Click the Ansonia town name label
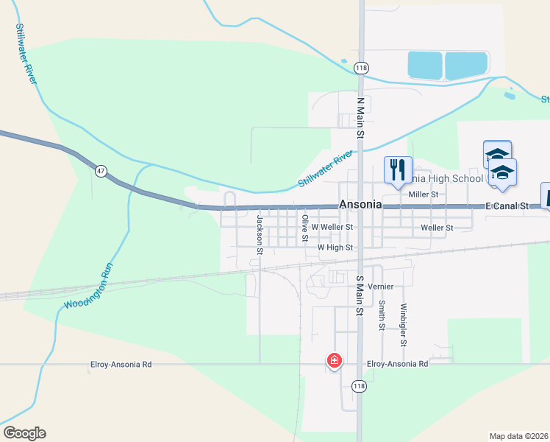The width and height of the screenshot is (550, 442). [360, 205]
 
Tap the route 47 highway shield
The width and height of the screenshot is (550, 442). [101, 171]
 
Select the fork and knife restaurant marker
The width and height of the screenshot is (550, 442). [398, 169]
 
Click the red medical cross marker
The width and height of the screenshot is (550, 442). [334, 361]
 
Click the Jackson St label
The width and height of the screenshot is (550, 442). [260, 235]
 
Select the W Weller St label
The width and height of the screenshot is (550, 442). [332, 228]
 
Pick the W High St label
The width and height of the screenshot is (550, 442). [335, 248]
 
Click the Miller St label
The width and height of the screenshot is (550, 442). [424, 194]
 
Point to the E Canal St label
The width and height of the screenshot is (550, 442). [507, 207]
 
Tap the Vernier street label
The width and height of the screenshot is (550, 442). [381, 286]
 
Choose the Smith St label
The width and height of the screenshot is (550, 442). [382, 315]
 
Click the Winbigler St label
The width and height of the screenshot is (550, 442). [404, 325]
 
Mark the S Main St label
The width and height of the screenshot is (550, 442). [360, 295]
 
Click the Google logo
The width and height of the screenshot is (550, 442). [24, 433]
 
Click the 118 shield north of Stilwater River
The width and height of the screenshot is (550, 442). [360, 68]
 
